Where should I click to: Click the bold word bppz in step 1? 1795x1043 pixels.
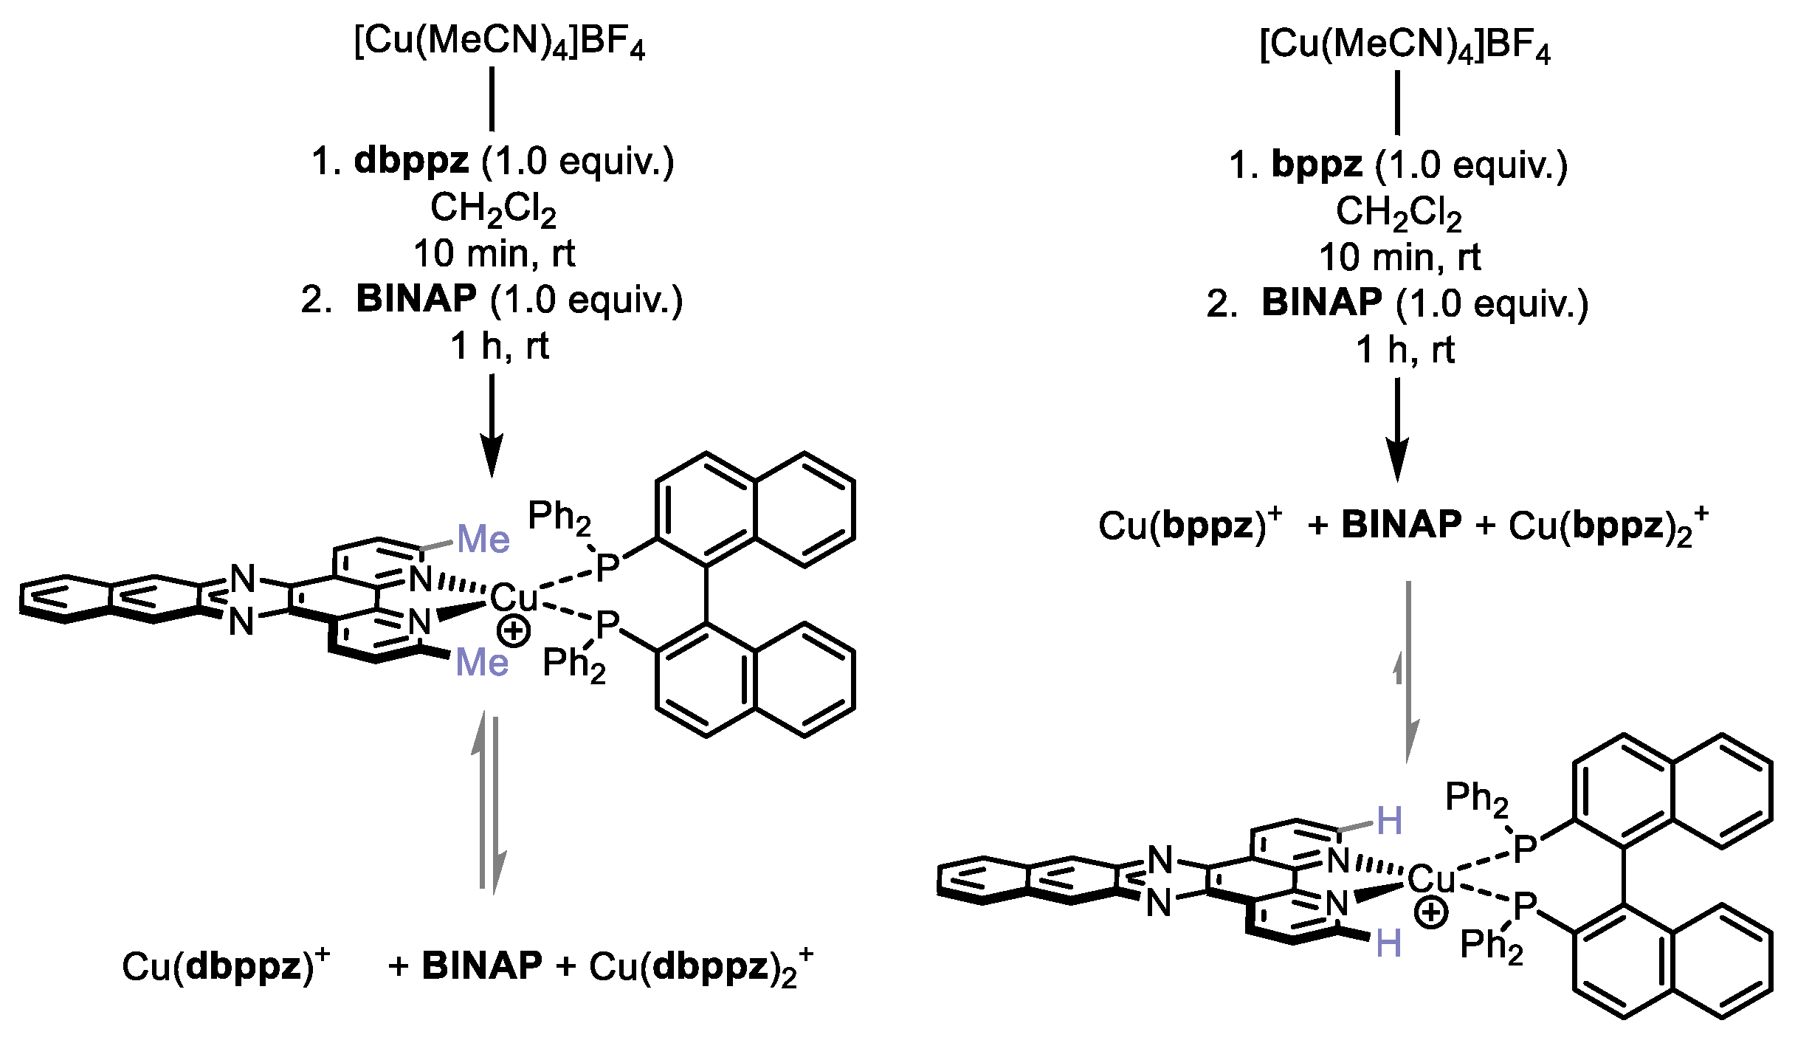(x=1316, y=166)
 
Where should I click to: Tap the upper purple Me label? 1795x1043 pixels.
(x=483, y=540)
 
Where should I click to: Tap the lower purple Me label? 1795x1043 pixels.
(x=482, y=662)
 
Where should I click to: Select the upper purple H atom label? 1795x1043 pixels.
(x=1389, y=821)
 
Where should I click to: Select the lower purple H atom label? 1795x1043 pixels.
(x=1388, y=944)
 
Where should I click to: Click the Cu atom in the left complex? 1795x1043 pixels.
(x=514, y=597)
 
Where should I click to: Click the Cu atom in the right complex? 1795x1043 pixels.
(x=1431, y=879)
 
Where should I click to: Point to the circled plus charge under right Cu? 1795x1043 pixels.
(x=1430, y=915)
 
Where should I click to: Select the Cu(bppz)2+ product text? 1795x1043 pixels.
(x=1608, y=526)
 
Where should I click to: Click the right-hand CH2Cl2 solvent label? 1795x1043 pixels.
(x=1398, y=214)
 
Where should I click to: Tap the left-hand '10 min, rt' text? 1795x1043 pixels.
(x=494, y=255)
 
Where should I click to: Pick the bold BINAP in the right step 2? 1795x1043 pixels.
(x=1321, y=303)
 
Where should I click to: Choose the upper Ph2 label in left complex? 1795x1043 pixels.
(x=559, y=517)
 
